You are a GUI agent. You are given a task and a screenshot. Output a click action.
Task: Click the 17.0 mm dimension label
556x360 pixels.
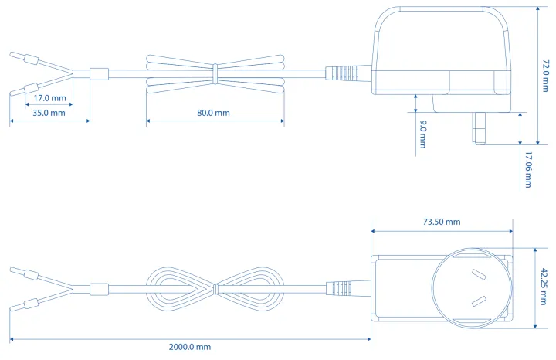coord(50,99)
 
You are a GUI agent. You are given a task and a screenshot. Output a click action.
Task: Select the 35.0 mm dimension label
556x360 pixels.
coord(49,113)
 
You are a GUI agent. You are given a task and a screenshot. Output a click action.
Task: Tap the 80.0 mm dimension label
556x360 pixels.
coord(213,113)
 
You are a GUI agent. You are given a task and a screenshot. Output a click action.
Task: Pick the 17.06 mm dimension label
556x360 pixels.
coord(528,169)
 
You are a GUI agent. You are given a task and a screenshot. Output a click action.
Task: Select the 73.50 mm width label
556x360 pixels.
coord(442,222)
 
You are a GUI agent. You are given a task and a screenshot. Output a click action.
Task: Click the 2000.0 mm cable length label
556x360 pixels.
coord(190,347)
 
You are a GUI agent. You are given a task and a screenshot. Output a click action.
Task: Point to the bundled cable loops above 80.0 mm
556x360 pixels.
coord(214,72)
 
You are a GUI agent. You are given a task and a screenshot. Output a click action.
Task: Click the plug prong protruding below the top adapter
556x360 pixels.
coord(478,128)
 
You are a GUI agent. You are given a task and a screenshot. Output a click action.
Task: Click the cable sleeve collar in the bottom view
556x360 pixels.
coord(97,290)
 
